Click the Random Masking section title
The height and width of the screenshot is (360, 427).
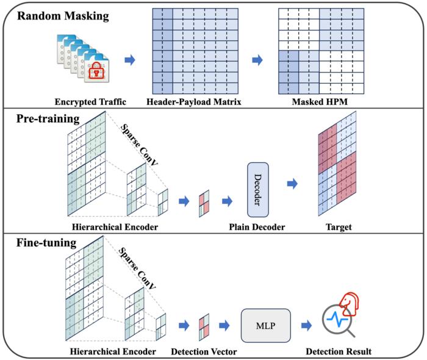click(x=63, y=16)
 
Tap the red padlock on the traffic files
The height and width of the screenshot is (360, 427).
click(x=96, y=70)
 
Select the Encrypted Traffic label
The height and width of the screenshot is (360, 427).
click(x=90, y=102)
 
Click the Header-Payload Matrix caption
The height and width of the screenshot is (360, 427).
click(x=194, y=102)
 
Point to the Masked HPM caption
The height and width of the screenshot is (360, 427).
click(x=320, y=102)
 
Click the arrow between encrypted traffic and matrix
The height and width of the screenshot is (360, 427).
click(x=130, y=60)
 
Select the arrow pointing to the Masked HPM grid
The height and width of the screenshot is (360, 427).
click(x=257, y=60)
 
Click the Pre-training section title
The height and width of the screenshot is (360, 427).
click(x=48, y=119)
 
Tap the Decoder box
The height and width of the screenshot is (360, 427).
click(x=258, y=190)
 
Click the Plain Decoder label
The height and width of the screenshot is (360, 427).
click(x=257, y=227)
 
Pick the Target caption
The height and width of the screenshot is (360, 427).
click(x=339, y=227)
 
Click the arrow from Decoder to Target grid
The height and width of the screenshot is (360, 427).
click(x=292, y=184)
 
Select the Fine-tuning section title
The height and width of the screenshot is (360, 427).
click(x=46, y=243)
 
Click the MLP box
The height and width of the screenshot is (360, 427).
click(x=266, y=325)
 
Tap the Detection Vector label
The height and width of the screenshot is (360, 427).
click(x=204, y=351)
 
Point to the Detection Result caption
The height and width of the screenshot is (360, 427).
click(x=339, y=351)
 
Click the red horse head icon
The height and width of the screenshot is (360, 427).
click(x=349, y=304)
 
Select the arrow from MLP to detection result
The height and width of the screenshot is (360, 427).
click(x=306, y=325)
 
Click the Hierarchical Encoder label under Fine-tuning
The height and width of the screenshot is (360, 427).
click(x=113, y=351)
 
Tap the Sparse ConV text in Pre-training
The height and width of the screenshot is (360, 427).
click(x=139, y=145)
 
